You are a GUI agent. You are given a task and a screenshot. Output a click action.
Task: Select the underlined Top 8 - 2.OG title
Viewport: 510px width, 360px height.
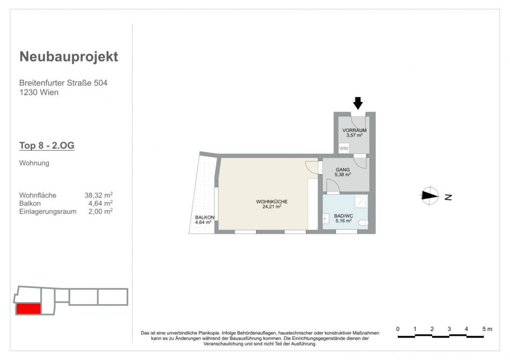coord(47,145)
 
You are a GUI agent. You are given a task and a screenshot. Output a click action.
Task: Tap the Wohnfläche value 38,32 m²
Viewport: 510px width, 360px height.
coord(99,195)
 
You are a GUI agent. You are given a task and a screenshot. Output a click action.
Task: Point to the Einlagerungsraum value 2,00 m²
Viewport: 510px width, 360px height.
coord(100,211)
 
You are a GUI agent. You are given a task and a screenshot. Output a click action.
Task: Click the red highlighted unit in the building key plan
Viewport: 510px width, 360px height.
coord(28,309)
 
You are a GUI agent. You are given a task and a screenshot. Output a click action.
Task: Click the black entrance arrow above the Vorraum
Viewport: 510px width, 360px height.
coord(358,103)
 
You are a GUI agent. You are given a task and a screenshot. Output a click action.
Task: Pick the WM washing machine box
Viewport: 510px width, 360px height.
coord(344,149)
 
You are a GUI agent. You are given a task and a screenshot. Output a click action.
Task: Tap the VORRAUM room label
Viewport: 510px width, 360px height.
coord(354,130)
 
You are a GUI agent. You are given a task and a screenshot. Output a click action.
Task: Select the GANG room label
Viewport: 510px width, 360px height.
coord(343,170)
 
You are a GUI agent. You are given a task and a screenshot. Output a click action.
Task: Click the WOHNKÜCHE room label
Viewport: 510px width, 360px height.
coord(272,202)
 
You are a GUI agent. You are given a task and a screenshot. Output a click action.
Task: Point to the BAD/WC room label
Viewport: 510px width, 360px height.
coord(344,216)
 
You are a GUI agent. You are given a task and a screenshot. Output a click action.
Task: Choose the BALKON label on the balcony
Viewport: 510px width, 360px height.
coord(205,217)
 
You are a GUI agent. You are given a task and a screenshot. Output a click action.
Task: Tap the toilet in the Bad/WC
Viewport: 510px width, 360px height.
coord(363,223)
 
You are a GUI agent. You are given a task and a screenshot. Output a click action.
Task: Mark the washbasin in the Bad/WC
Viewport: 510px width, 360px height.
coord(325,219)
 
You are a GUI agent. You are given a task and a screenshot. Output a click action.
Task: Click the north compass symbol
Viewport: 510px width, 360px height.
coord(429,196)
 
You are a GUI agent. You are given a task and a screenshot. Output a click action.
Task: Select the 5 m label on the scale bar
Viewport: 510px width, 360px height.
coord(487,329)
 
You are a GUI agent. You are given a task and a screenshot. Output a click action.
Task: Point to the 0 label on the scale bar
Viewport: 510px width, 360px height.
coord(398,329)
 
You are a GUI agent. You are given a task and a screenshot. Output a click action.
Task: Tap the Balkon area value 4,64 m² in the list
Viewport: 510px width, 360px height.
coord(100,203)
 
